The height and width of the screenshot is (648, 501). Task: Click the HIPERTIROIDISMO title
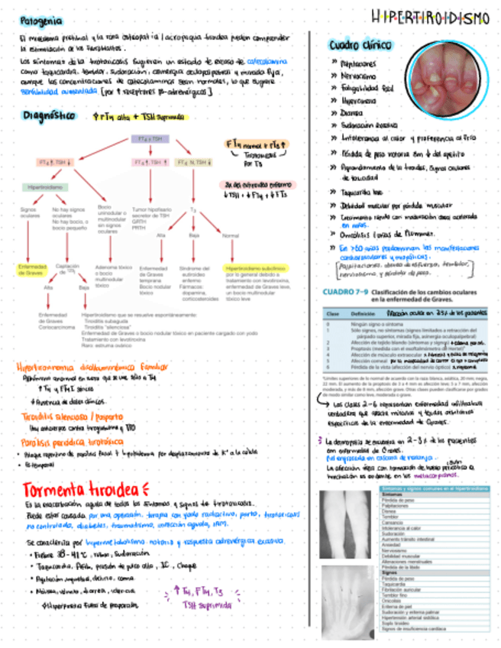[x=431, y=18]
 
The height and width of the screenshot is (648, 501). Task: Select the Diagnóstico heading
[x=49, y=115]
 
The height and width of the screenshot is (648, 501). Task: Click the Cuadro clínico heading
[x=356, y=45]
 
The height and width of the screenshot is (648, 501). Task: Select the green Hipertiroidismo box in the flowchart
[x=47, y=186]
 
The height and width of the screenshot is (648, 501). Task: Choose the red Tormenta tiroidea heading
[x=80, y=489]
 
